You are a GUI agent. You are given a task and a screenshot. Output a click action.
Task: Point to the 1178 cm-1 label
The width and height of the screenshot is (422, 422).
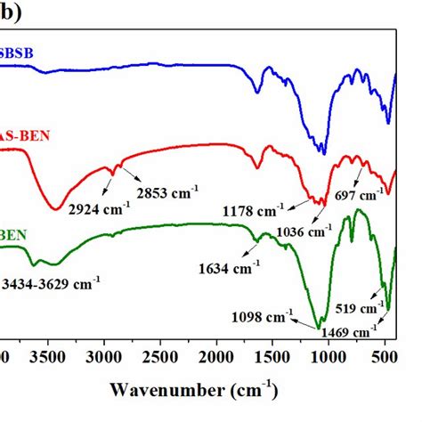click(x=255, y=211)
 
